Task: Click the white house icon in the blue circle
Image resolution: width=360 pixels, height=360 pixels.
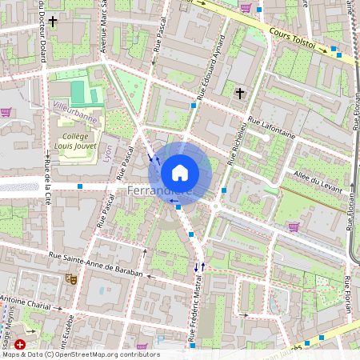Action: tap(180, 172)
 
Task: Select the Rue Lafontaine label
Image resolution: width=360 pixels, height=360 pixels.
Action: tap(271, 129)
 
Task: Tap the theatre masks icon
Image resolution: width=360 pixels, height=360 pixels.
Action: tap(70, 279)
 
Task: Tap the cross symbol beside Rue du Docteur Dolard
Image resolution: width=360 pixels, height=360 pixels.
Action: tap(54, 22)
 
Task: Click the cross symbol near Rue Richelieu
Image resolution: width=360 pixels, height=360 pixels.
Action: tap(239, 94)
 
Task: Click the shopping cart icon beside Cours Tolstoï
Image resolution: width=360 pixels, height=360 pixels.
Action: tap(246, 7)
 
